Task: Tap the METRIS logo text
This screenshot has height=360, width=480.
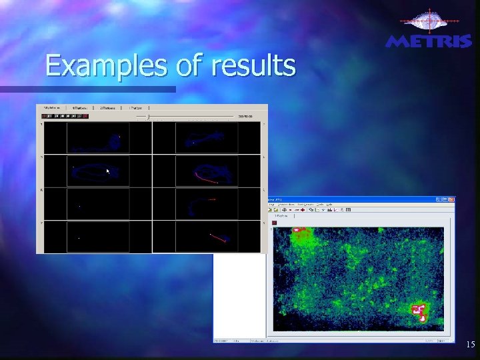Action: (x=429, y=42)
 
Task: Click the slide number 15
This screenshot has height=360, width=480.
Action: (x=470, y=345)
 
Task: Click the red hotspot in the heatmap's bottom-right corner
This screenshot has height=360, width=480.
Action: (x=420, y=311)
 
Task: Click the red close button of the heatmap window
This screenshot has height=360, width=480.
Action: (x=451, y=199)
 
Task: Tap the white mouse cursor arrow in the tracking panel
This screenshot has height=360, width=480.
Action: (x=107, y=171)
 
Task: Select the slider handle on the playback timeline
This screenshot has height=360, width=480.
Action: (x=147, y=116)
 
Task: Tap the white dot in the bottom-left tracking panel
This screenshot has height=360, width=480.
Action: (x=79, y=238)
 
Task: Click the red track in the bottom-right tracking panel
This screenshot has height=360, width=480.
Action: (x=218, y=237)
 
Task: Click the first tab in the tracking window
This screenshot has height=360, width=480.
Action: (x=52, y=107)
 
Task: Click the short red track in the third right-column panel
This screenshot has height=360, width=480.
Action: (x=211, y=199)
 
